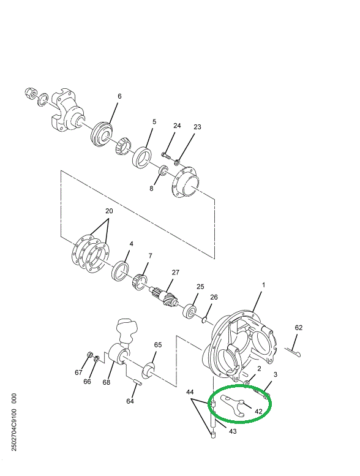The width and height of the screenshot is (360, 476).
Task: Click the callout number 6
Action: pos(119,96)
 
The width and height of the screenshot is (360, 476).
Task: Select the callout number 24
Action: pos(177,126)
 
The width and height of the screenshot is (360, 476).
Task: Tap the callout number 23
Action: pos(197,127)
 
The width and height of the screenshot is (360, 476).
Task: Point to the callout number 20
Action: pos(109,211)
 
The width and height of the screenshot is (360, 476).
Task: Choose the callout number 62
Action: pos(299,328)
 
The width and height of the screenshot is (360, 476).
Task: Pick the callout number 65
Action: pos(157,346)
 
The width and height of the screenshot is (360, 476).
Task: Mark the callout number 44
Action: pos(190,392)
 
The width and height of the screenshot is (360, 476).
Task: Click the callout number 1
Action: pos(264,285)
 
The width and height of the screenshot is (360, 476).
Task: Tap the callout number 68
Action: pos(107,382)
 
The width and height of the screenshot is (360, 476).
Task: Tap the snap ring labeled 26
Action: pos(207,318)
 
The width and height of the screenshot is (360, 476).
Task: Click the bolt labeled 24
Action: pos(166,153)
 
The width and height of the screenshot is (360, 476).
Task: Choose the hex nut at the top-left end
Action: pos(28,93)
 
